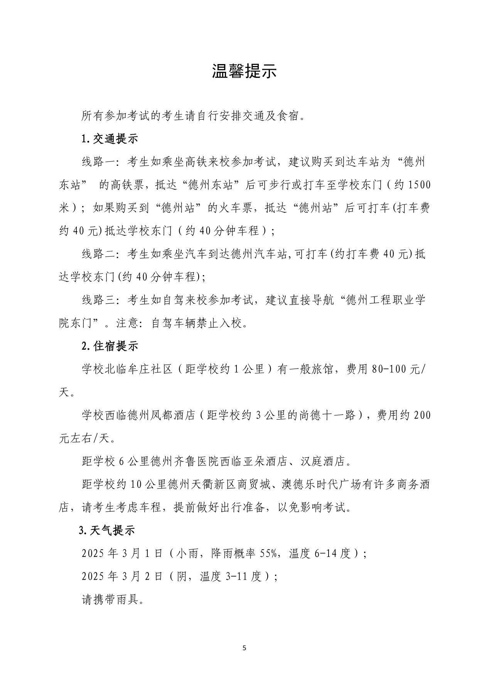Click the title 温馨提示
[x=244, y=71]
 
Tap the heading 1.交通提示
[x=110, y=139]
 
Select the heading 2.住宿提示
[x=110, y=346]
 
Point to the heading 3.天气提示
[x=107, y=530]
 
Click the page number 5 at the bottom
[x=244, y=648]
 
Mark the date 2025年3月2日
[x=122, y=577]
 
